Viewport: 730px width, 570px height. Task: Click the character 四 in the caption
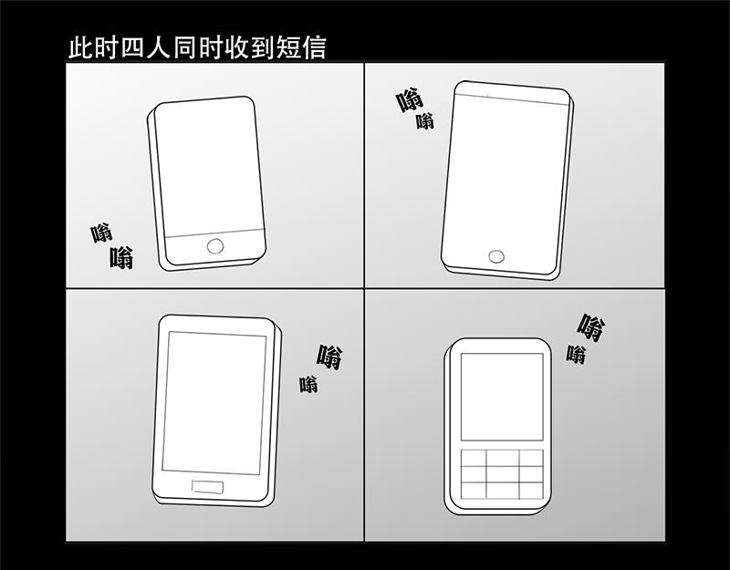[x=133, y=48]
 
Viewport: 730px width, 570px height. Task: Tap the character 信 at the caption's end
[x=314, y=48]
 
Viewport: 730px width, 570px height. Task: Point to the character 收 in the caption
[x=237, y=48]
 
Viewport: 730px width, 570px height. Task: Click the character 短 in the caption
[x=288, y=48]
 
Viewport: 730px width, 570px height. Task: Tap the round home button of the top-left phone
[x=215, y=246]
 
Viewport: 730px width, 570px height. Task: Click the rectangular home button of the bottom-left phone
[x=207, y=487]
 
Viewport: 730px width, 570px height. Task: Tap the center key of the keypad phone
[x=503, y=474]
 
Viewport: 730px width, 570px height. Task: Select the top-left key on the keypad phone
[x=474, y=458]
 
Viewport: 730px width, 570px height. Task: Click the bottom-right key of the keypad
[x=531, y=491]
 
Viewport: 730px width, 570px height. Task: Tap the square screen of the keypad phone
[x=502, y=397]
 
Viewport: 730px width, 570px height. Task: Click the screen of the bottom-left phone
[x=214, y=403]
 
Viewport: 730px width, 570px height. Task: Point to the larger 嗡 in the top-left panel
[x=122, y=258]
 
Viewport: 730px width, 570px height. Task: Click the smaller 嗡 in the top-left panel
[x=101, y=233]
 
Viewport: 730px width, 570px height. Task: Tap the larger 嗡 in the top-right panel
[x=410, y=100]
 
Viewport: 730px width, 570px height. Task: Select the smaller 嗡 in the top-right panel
[x=425, y=121]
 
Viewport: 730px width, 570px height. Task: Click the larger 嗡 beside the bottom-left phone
[x=329, y=357]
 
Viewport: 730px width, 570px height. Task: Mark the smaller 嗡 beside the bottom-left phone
[x=308, y=384]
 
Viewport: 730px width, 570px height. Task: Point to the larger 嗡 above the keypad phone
[x=591, y=327]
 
